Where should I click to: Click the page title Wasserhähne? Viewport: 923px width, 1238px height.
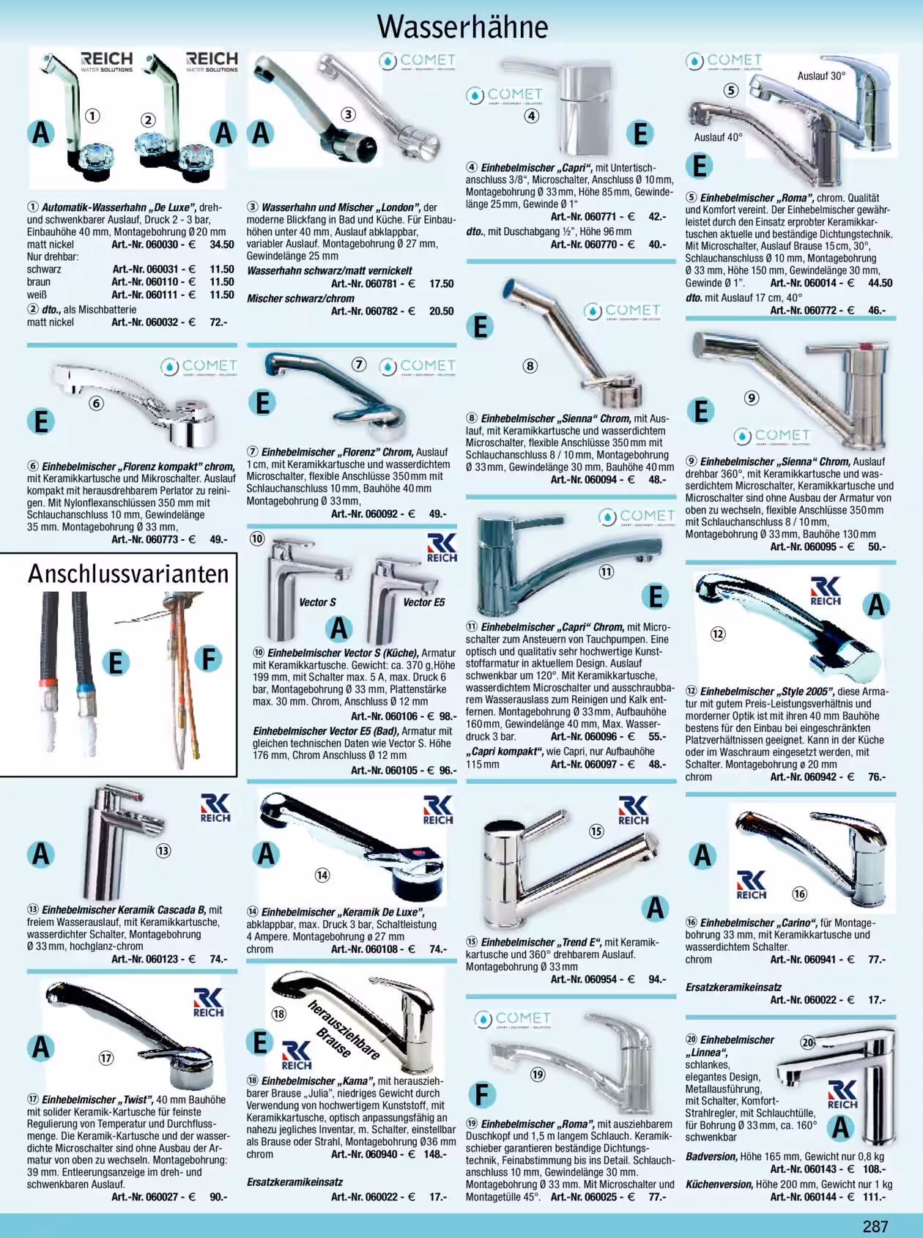coord(462,26)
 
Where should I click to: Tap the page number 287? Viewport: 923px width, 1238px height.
coord(875,1226)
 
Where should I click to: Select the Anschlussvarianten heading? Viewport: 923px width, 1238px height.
coord(129,574)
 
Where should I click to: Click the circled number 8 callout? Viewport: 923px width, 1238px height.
coord(530,366)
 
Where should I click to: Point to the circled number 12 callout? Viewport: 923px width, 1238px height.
coord(718,633)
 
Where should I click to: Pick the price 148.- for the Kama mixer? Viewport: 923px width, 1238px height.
coord(434,1154)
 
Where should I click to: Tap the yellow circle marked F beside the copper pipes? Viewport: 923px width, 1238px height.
coord(210,659)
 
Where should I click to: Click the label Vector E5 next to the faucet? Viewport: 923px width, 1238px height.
coord(424,602)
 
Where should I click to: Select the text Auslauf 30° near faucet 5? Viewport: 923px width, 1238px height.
coord(821,75)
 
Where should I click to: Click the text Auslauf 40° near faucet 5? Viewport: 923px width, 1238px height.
coord(719,137)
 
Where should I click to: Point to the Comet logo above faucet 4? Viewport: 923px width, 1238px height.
coord(505,95)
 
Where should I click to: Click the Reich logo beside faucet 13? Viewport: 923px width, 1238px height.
coord(215,807)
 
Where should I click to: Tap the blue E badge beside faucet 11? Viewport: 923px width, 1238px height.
coord(656,596)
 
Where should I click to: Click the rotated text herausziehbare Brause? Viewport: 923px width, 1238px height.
coord(344,1029)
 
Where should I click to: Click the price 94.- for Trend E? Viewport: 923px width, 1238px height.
coord(657,979)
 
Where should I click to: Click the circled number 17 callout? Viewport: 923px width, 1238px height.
coord(107,1058)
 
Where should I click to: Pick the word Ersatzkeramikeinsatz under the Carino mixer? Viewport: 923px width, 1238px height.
coord(733,987)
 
